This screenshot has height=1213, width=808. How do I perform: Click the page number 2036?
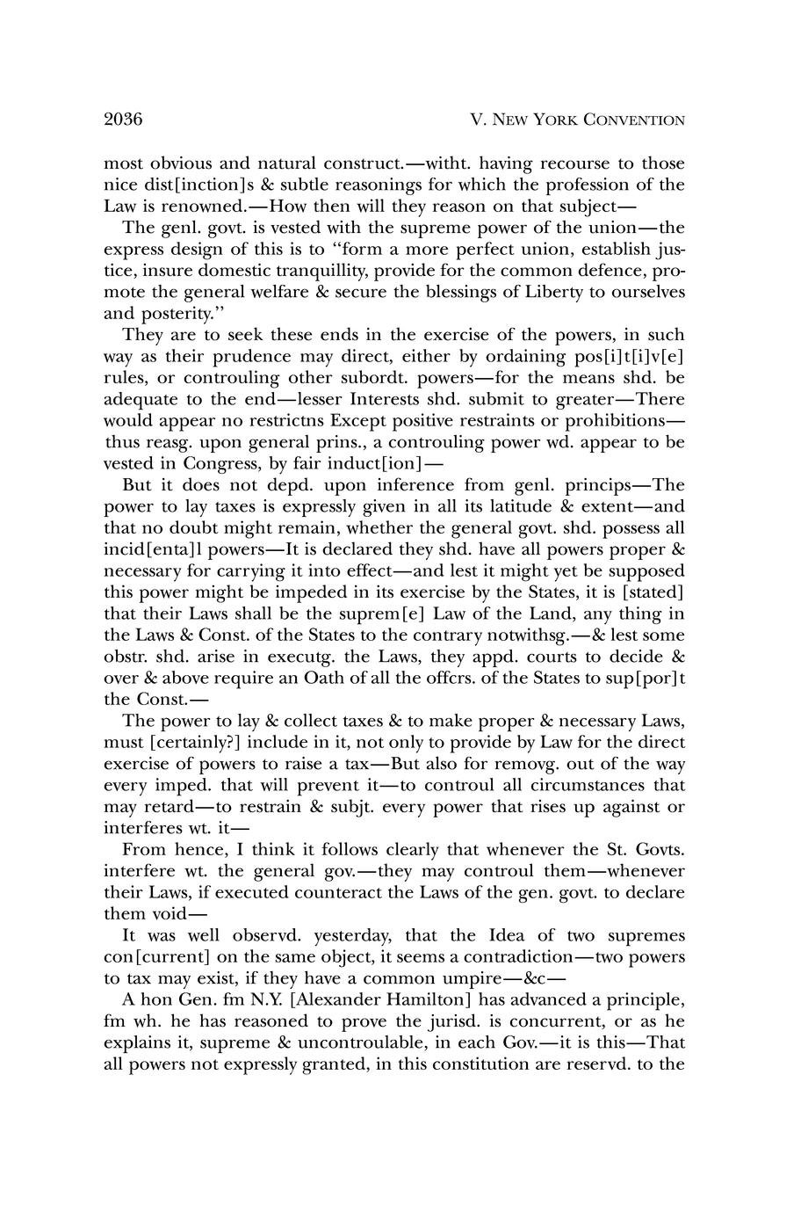[123, 120]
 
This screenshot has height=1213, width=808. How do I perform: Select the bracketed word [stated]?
[651, 592]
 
